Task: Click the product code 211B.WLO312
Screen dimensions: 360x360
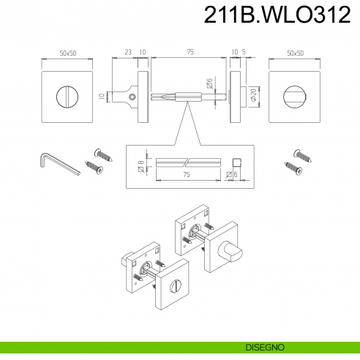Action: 276,15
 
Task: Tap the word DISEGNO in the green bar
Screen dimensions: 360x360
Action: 265,346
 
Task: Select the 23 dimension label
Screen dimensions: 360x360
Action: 127,52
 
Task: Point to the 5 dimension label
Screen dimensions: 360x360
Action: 243,52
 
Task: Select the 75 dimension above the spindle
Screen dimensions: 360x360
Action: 190,52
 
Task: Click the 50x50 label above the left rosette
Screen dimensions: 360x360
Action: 70,53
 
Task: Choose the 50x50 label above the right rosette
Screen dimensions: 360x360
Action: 296,53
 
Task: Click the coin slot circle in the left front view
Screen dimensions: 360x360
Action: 70,96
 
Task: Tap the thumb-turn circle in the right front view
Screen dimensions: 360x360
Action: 296,96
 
